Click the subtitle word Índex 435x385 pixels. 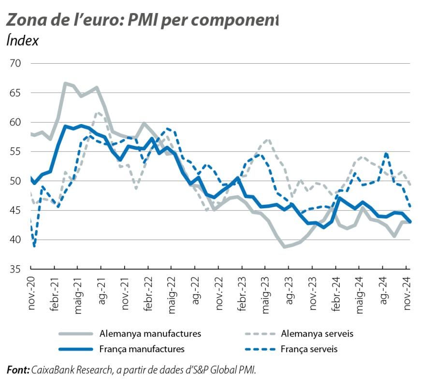[23, 41]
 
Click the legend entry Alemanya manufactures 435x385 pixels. [150, 334]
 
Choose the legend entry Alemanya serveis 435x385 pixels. [317, 334]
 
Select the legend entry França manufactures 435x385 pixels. [142, 349]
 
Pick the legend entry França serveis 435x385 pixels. [309, 349]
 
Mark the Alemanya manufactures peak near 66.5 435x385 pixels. [65, 84]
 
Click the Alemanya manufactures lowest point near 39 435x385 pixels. [285, 246]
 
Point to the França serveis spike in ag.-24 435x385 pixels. [386, 153]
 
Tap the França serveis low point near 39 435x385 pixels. [34, 245]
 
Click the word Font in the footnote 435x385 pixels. [18, 370]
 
